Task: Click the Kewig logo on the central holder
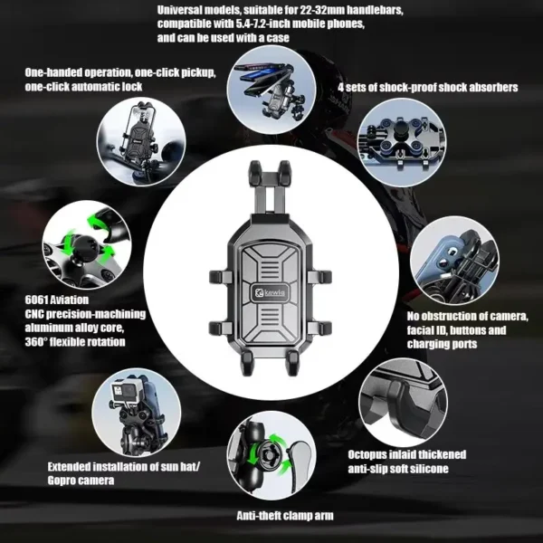[x=271, y=293]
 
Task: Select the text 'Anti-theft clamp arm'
[x=285, y=516]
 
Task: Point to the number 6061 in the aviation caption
[x=36, y=300]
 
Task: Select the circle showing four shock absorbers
[x=402, y=142]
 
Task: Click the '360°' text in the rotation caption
[x=36, y=342]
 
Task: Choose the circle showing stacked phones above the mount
[x=271, y=90]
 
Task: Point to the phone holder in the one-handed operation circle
[x=140, y=133]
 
